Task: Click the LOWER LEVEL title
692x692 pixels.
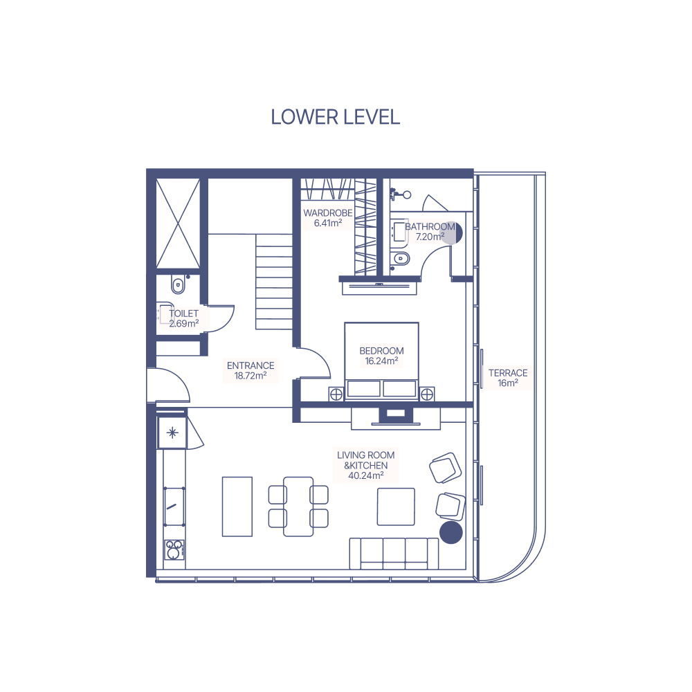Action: (336, 117)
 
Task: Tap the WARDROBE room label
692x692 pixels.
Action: (328, 212)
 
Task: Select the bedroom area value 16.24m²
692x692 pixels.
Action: (382, 361)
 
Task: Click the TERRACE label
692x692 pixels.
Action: (508, 373)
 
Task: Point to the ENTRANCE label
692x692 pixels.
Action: (251, 365)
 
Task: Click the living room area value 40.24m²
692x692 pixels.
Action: (366, 476)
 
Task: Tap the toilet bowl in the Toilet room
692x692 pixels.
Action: (178, 284)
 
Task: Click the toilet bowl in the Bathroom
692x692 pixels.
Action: (401, 258)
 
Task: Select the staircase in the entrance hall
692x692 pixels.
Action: (274, 282)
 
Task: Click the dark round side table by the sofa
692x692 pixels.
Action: (451, 532)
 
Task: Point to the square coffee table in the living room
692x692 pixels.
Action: (396, 507)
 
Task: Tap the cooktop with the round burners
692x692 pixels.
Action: (174, 550)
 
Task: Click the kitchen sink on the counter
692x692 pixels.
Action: (174, 507)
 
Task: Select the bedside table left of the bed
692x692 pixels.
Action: (336, 394)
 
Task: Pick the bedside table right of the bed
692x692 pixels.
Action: (427, 394)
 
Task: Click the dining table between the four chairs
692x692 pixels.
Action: (298, 507)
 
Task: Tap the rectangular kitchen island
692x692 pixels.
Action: (237, 507)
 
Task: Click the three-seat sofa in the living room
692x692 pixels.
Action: (394, 554)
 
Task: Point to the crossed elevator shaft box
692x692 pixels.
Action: (179, 224)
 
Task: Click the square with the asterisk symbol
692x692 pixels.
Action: (172, 432)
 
